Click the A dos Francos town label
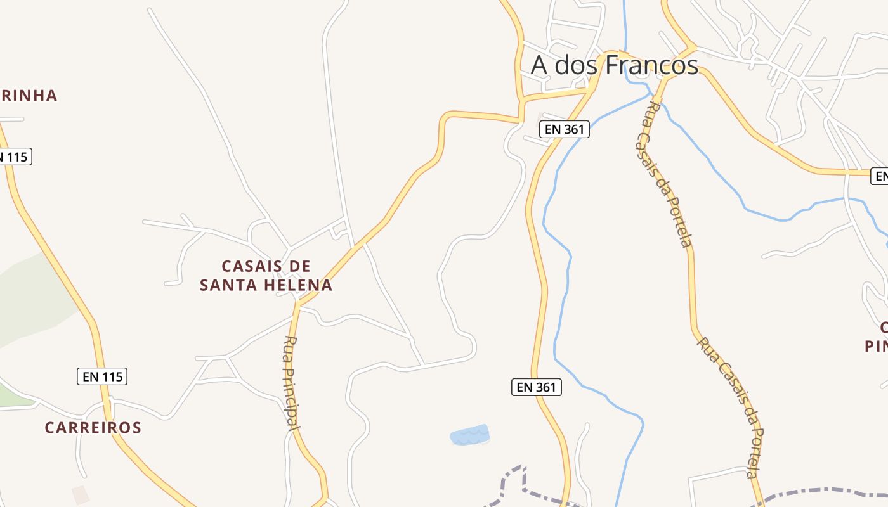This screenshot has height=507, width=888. [614, 65]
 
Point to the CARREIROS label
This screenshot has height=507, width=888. [93, 428]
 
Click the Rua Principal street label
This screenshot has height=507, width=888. [292, 383]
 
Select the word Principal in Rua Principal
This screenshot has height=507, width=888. [293, 396]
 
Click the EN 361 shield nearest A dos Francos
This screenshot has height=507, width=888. [565, 129]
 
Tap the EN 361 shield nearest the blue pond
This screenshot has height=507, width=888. [537, 387]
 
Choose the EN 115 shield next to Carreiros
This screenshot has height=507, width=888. [102, 376]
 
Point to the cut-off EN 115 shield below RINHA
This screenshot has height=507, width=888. [14, 157]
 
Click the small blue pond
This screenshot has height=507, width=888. [469, 435]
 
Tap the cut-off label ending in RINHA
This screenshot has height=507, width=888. [28, 96]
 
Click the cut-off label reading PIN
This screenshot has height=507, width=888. [876, 346]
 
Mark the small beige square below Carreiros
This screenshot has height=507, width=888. [81, 495]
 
